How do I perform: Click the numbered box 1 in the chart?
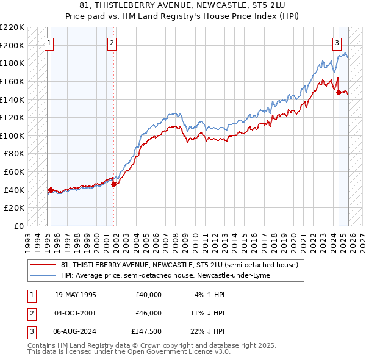click(48, 43)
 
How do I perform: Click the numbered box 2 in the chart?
click(112, 43)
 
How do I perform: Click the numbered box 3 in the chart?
click(337, 43)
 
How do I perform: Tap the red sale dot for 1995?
click(51, 190)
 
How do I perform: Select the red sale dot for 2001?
click(114, 184)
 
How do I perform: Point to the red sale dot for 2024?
click(339, 93)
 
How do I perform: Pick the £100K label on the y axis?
click(13, 135)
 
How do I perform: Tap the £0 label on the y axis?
click(18, 226)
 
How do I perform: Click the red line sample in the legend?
click(43, 265)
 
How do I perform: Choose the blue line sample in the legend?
click(43, 275)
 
